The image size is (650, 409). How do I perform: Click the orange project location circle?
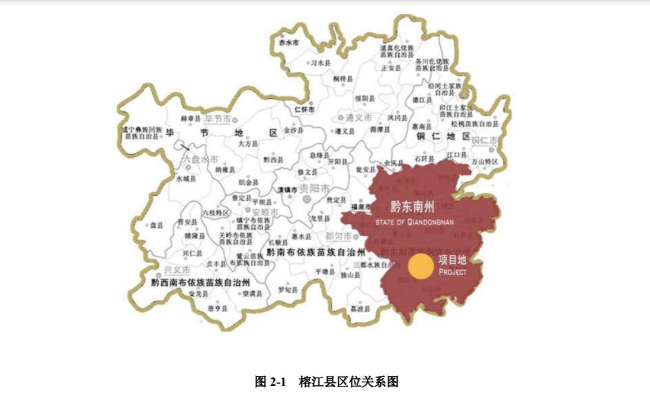click(421, 266)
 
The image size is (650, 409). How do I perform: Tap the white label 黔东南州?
click(412, 207)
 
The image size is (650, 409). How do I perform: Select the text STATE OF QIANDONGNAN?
click(414, 222)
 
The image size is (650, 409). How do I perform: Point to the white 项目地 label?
click(453, 260)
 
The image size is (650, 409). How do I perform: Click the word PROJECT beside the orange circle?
click(453, 272)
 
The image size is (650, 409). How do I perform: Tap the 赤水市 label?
click(289, 43)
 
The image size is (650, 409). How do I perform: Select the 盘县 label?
click(156, 226)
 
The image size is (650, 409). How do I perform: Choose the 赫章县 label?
click(187, 119)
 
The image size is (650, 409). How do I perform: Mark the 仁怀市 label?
click(304, 109)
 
